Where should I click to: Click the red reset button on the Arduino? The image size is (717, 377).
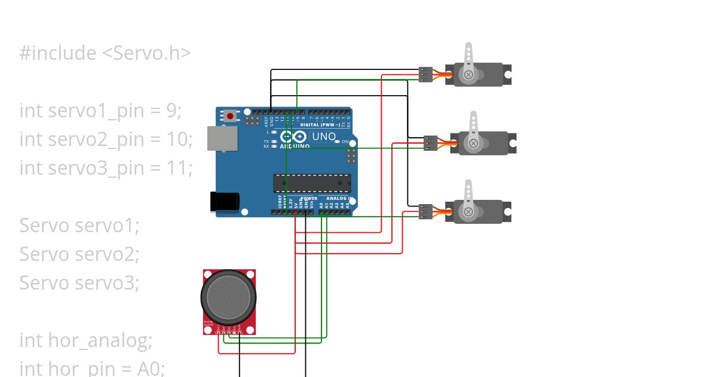[x=230, y=115]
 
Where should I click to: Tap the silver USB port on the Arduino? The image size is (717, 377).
[x=218, y=138]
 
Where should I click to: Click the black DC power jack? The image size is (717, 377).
[x=225, y=201]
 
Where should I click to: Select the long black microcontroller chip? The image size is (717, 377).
[x=312, y=184]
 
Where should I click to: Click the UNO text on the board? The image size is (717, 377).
[x=324, y=136]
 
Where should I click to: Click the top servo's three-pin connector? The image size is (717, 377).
[x=425, y=74]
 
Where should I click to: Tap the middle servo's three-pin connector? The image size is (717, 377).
[x=430, y=143]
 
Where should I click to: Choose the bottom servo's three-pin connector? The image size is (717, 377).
[x=425, y=212]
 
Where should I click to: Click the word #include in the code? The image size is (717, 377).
[x=57, y=53]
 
